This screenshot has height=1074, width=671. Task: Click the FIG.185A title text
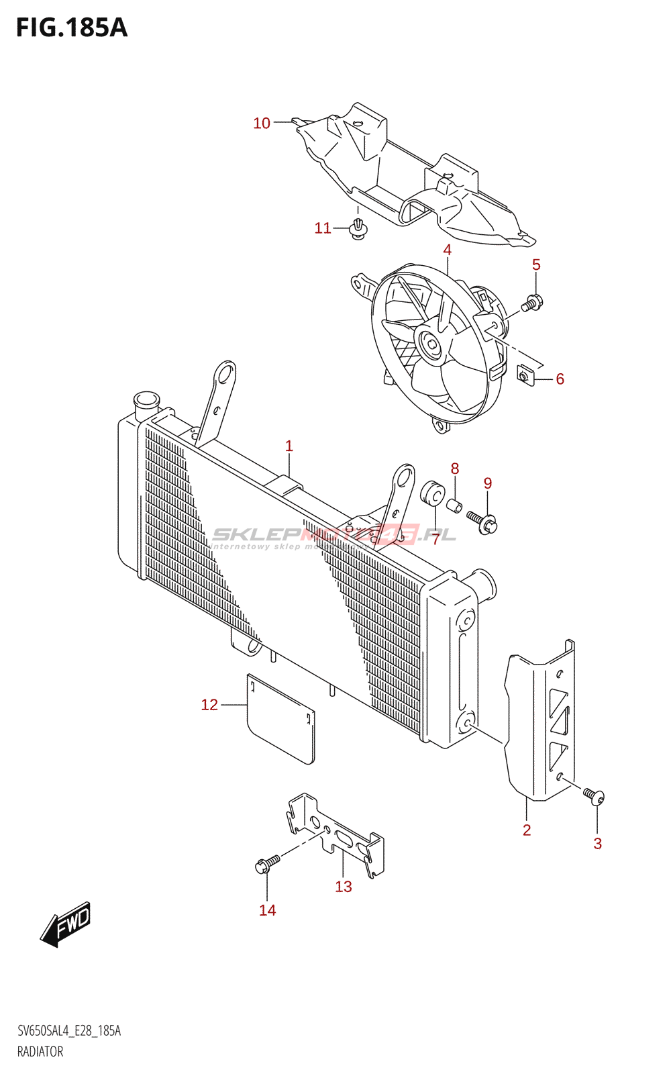tap(71, 28)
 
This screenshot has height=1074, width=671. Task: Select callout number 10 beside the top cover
tap(262, 123)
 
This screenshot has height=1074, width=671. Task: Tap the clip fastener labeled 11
tap(359, 229)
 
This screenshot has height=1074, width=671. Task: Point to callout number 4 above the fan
tap(447, 250)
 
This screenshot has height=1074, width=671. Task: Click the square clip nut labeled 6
tap(525, 377)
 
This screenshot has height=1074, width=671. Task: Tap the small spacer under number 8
tap(454, 505)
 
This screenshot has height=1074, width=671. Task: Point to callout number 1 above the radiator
tap(289, 446)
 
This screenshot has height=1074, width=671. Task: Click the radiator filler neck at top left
tap(146, 404)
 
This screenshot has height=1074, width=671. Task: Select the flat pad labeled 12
tap(280, 718)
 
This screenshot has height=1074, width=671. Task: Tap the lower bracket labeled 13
tap(335, 832)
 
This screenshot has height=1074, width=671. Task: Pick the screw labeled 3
tap(593, 796)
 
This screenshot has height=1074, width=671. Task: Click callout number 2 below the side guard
tap(527, 830)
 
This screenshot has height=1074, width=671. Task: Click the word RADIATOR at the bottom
tap(40, 1052)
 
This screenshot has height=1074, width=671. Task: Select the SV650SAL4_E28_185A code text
tap(69, 1031)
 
